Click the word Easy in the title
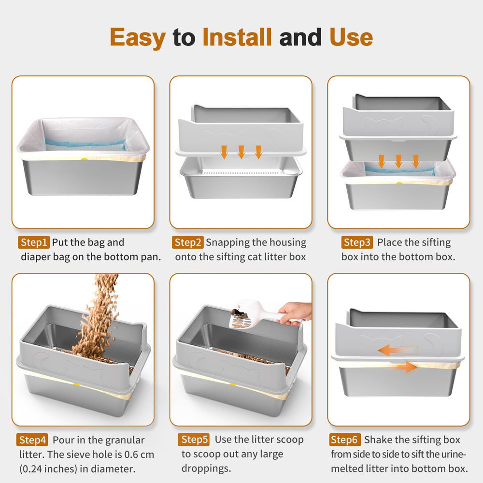tap(137, 37)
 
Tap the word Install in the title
tap(237, 37)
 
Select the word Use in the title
tap(351, 37)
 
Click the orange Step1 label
tap(34, 242)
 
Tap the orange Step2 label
tap(188, 242)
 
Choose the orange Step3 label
tap(357, 242)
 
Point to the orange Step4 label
tap(33, 440)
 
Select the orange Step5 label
tap(195, 440)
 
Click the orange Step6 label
tap(346, 440)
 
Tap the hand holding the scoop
tap(295, 312)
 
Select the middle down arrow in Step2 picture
tap(241, 152)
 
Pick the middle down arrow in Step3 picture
tap(398, 161)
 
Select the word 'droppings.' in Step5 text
tap(206, 469)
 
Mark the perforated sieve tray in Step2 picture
tap(240, 171)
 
